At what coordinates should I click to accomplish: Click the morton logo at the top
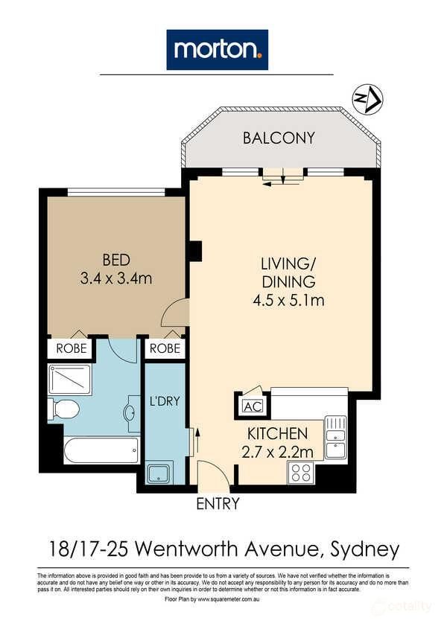coord(217,49)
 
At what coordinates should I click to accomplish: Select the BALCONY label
coord(279,138)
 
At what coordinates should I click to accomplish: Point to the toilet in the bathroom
coord(64,409)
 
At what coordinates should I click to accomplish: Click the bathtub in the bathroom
coord(101,450)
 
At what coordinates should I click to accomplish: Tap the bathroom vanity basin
coord(133,413)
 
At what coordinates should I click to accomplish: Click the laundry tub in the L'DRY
coord(160,473)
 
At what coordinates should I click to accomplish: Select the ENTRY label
coord(218,504)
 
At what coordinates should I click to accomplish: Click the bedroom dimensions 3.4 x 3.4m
coord(116,278)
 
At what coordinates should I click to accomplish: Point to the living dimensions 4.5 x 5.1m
coord(288,301)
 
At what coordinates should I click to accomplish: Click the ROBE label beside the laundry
coord(165,348)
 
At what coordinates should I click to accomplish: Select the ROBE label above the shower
coord(70,348)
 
